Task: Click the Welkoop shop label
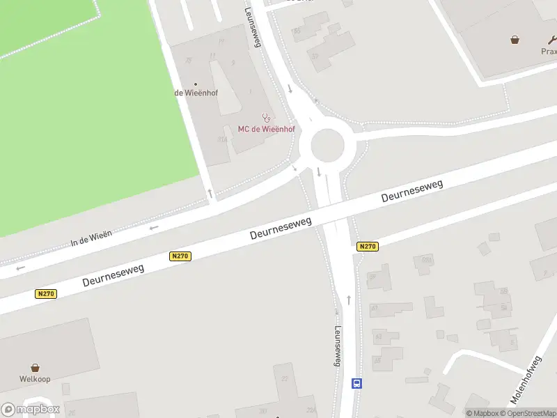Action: tap(35, 379)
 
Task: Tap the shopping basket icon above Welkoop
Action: tap(35, 367)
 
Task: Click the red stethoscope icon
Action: tap(266, 118)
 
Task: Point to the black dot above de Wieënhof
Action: tap(195, 84)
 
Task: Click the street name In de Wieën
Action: tap(91, 239)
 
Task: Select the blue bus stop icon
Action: tap(356, 383)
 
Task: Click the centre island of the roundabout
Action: tap(327, 146)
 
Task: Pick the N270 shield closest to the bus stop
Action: tap(367, 247)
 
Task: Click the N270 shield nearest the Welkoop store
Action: tap(46, 294)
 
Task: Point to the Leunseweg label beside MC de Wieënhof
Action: tap(251, 27)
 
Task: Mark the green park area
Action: tap(84, 118)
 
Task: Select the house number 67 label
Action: tap(374, 307)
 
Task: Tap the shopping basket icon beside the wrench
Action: tap(515, 40)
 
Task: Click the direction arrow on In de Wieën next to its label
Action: tap(154, 226)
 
